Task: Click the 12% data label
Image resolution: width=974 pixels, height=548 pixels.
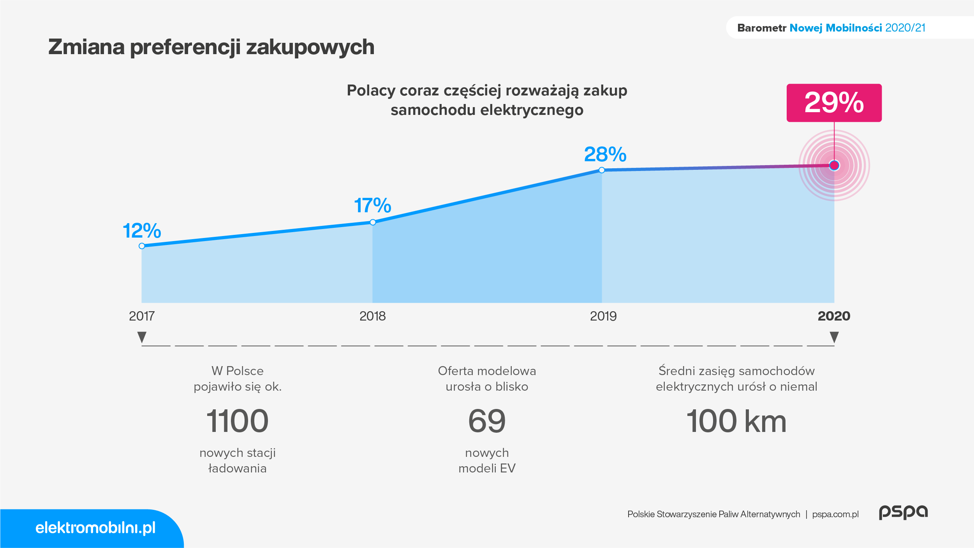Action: pyautogui.click(x=142, y=231)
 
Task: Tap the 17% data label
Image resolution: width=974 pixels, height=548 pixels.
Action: pyautogui.click(x=373, y=205)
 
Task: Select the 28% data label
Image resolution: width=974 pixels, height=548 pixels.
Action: pyautogui.click(x=605, y=154)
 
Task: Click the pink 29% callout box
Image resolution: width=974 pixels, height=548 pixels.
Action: pyautogui.click(x=834, y=103)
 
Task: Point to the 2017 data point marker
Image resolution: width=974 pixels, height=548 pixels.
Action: pyautogui.click(x=142, y=246)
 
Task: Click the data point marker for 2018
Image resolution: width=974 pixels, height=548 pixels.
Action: pyautogui.click(x=373, y=222)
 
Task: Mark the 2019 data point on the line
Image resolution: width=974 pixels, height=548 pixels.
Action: pyautogui.click(x=602, y=170)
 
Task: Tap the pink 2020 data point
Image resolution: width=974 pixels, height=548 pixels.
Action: pyautogui.click(x=834, y=166)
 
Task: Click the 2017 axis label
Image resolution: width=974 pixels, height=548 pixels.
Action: pyautogui.click(x=142, y=316)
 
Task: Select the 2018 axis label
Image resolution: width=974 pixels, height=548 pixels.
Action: pyautogui.click(x=373, y=316)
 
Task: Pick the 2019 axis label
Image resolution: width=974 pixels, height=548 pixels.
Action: pyautogui.click(x=603, y=316)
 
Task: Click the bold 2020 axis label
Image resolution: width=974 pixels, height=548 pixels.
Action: pyautogui.click(x=834, y=316)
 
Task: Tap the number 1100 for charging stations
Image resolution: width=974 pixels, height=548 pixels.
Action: pyautogui.click(x=238, y=421)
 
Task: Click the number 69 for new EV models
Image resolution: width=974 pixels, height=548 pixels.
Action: pyautogui.click(x=487, y=421)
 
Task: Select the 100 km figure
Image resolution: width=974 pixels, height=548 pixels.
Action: pyautogui.click(x=736, y=421)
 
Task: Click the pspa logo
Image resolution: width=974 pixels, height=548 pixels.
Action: pyautogui.click(x=904, y=512)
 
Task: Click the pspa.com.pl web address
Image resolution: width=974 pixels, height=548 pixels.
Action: pyautogui.click(x=835, y=514)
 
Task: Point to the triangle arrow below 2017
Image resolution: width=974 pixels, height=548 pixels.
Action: pyautogui.click(x=142, y=337)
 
